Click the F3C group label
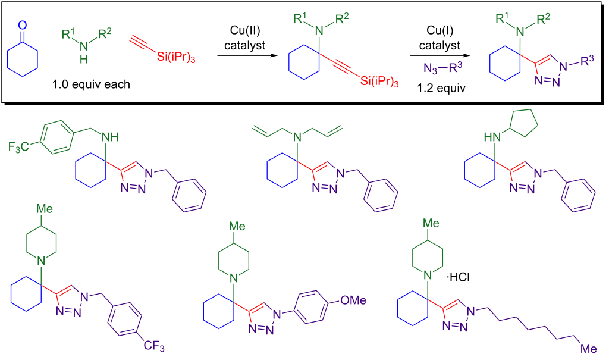pos(20,146)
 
